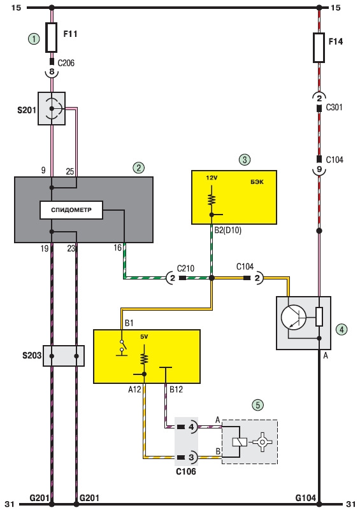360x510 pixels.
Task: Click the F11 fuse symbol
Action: tap(52, 38)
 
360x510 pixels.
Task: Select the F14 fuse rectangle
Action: tap(319, 48)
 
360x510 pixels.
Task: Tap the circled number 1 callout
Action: tap(34, 39)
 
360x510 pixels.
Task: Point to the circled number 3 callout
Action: tap(245, 159)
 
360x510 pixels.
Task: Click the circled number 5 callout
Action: tap(258, 405)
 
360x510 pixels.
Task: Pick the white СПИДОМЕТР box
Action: tap(71, 209)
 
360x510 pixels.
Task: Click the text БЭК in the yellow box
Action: tap(257, 182)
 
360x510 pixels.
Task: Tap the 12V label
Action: tap(212, 178)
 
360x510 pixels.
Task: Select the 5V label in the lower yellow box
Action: tap(144, 337)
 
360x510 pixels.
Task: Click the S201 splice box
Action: tap(52, 108)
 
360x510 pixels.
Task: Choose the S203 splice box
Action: tap(64, 356)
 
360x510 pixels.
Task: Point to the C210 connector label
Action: tap(185, 268)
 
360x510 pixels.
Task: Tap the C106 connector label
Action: tap(186, 471)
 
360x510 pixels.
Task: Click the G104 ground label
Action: tap(306, 498)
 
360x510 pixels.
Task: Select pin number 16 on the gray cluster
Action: tap(117, 248)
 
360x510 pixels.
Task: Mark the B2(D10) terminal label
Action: tap(228, 230)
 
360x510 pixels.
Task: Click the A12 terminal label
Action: tap(134, 389)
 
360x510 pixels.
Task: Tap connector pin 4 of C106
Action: tap(191, 427)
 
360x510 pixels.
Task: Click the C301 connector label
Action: tap(335, 107)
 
